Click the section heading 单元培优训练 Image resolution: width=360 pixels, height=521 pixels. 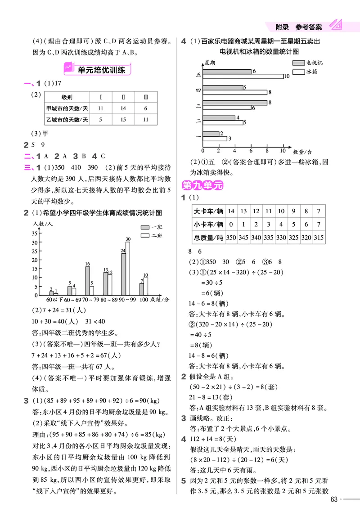click(99, 70)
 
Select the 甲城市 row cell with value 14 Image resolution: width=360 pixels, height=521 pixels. click(123, 108)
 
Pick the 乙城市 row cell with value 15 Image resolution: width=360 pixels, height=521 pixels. click(123, 120)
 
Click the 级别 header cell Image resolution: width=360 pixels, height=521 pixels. click(67, 97)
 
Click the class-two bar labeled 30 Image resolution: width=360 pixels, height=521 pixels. click(128, 268)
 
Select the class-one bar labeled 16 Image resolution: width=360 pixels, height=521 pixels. click(87, 280)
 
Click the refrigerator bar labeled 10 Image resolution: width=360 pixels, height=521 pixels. click(243, 76)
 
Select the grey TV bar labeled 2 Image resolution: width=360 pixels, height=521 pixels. click(211, 133)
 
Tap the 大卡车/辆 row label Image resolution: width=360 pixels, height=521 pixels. click(207, 211)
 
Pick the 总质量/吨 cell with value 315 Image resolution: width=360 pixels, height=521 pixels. click(319, 238)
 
